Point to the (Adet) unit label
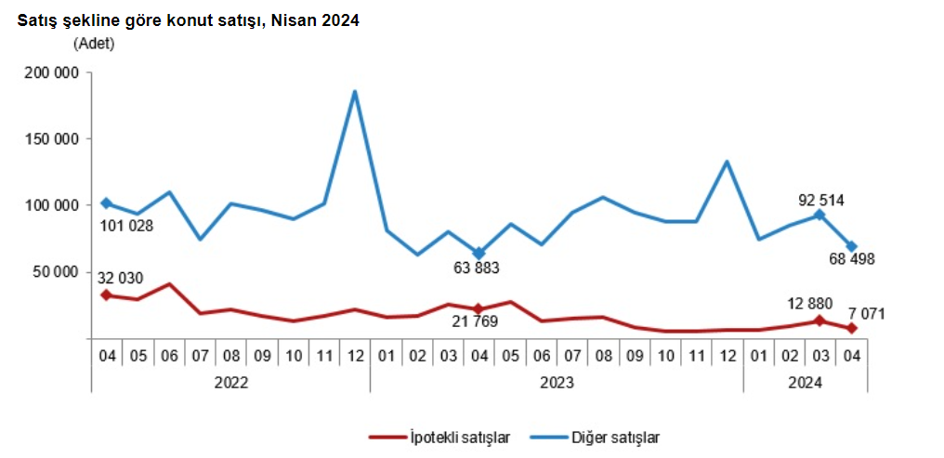tap(93, 43)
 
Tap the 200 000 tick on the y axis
tap(50, 72)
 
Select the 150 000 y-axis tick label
tap(50, 138)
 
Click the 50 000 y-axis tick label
tap(55, 271)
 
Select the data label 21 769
tap(474, 321)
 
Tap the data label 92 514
tap(822, 200)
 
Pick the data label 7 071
tap(865, 314)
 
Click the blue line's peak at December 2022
tap(355, 91)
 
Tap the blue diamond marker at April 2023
tap(479, 253)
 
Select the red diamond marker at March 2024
tap(819, 321)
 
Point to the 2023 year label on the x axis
tap(556, 381)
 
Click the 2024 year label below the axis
tap(805, 381)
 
